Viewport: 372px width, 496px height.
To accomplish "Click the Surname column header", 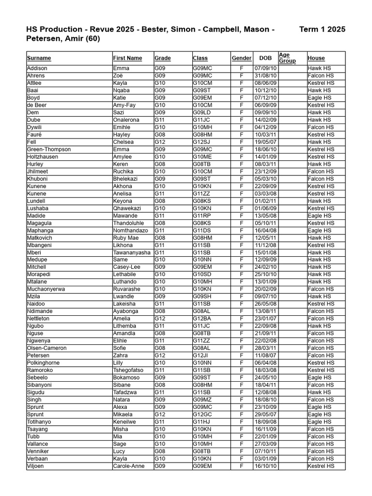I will point(39,58).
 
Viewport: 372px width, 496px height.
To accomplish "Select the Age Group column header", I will point(287,58).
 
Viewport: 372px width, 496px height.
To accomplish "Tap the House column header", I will point(316,58).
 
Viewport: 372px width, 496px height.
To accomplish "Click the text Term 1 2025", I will point(322,30).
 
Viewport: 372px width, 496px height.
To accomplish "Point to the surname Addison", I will point(37,68).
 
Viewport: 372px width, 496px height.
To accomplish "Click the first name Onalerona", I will point(126,120).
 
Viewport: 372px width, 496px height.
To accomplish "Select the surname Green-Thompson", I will point(49,149).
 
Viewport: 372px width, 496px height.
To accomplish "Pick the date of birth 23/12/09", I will point(265,171).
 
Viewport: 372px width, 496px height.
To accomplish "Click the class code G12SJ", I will point(201,142).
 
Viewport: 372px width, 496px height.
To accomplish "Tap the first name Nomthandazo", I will point(130,231).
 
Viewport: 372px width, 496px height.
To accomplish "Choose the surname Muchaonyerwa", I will point(46,289).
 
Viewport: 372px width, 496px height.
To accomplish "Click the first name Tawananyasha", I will point(132,252).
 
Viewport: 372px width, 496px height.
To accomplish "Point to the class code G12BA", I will point(202,319).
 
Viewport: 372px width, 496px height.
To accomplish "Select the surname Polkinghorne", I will point(44,363).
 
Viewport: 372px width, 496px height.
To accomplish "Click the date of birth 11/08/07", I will point(265,356).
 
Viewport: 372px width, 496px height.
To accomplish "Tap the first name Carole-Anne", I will point(128,466).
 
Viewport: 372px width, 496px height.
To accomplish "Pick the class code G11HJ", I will point(201,422).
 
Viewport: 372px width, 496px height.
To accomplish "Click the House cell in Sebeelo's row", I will point(320,377).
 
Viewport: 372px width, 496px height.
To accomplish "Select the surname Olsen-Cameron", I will point(46,348).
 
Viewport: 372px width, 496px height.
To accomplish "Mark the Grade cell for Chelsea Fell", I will point(160,142).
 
